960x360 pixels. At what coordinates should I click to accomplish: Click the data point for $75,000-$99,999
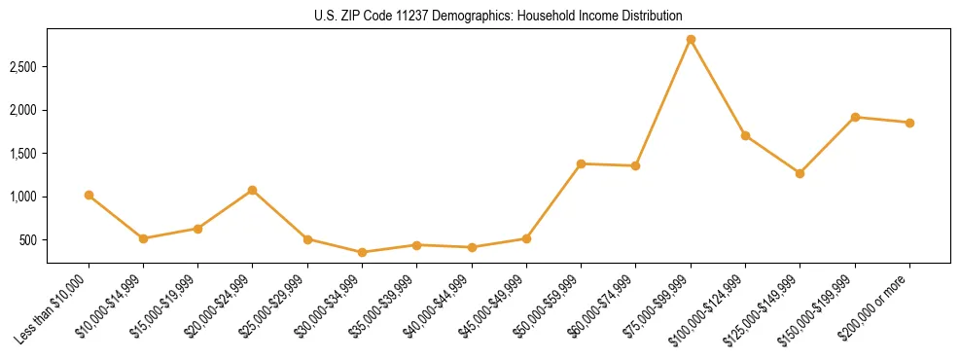[x=691, y=40]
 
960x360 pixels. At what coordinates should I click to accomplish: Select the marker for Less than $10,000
[x=89, y=196]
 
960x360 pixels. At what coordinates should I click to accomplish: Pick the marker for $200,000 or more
[x=909, y=123]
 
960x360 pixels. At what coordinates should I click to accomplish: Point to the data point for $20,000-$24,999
[x=253, y=190]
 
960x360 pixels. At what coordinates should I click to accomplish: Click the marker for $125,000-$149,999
[x=800, y=173]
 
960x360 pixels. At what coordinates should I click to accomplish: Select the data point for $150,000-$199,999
[x=855, y=117]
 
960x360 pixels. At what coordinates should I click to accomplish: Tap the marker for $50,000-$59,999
[x=581, y=163]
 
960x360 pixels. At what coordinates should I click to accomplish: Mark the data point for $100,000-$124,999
[x=745, y=135]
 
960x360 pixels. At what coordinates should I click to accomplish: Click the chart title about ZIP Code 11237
[x=480, y=17]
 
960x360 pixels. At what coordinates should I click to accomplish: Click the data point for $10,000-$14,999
[x=143, y=238]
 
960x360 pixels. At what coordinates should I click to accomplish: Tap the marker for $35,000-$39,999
[x=416, y=245]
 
